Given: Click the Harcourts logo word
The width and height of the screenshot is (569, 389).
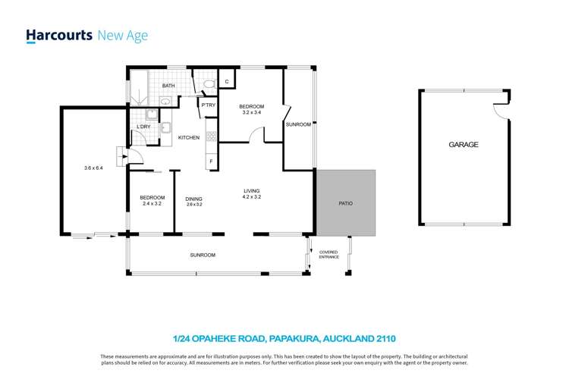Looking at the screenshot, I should coord(59,36).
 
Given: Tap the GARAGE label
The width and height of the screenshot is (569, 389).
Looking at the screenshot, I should coord(463,144).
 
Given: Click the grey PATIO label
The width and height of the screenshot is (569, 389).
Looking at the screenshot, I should coord(345,203).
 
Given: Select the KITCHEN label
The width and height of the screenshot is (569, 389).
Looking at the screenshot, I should coord(189,137).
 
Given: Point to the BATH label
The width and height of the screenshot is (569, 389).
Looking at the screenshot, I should coord(168,86).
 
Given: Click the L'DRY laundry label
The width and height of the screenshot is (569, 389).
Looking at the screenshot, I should coord(143,127).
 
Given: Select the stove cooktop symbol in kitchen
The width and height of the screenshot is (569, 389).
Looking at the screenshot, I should coord(211,137).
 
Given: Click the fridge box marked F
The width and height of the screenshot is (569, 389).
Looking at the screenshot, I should coord(211,161).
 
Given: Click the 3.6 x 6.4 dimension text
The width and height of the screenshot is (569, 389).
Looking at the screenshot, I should coord(93,168).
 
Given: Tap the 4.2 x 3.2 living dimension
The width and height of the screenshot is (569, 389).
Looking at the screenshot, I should coord(251,197).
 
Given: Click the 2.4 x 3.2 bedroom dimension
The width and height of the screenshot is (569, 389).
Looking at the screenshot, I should coord(152,204).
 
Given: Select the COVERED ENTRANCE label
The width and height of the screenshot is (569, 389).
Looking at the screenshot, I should coord(329,254).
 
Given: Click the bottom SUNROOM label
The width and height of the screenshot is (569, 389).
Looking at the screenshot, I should coord(203,256).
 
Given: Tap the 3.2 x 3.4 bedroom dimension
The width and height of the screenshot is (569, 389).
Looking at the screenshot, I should coord(251,112).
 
